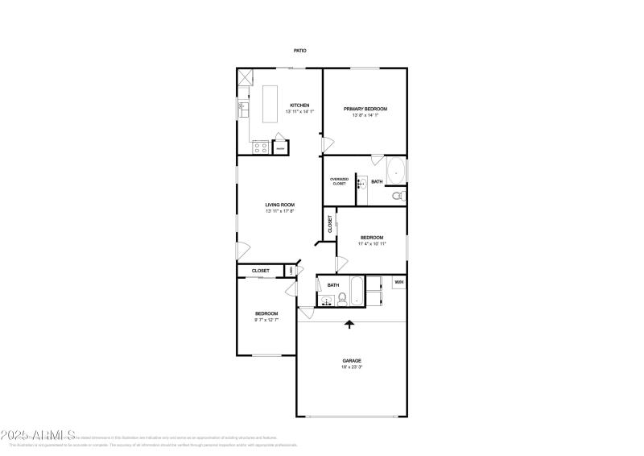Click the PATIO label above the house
[299, 51]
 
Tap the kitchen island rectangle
[268, 102]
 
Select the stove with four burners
[260, 147]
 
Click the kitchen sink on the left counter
[242, 107]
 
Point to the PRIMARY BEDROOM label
[365, 109]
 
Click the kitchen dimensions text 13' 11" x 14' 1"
[299, 112]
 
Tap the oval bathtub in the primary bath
[396, 170]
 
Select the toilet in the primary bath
[398, 195]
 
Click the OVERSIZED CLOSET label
[339, 181]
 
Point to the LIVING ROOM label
[280, 205]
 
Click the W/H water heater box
[398, 282]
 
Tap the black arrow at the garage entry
[349, 324]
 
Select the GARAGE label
[351, 360]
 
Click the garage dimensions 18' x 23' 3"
[351, 367]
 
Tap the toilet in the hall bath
[341, 298]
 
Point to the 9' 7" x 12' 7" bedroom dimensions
[266, 321]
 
